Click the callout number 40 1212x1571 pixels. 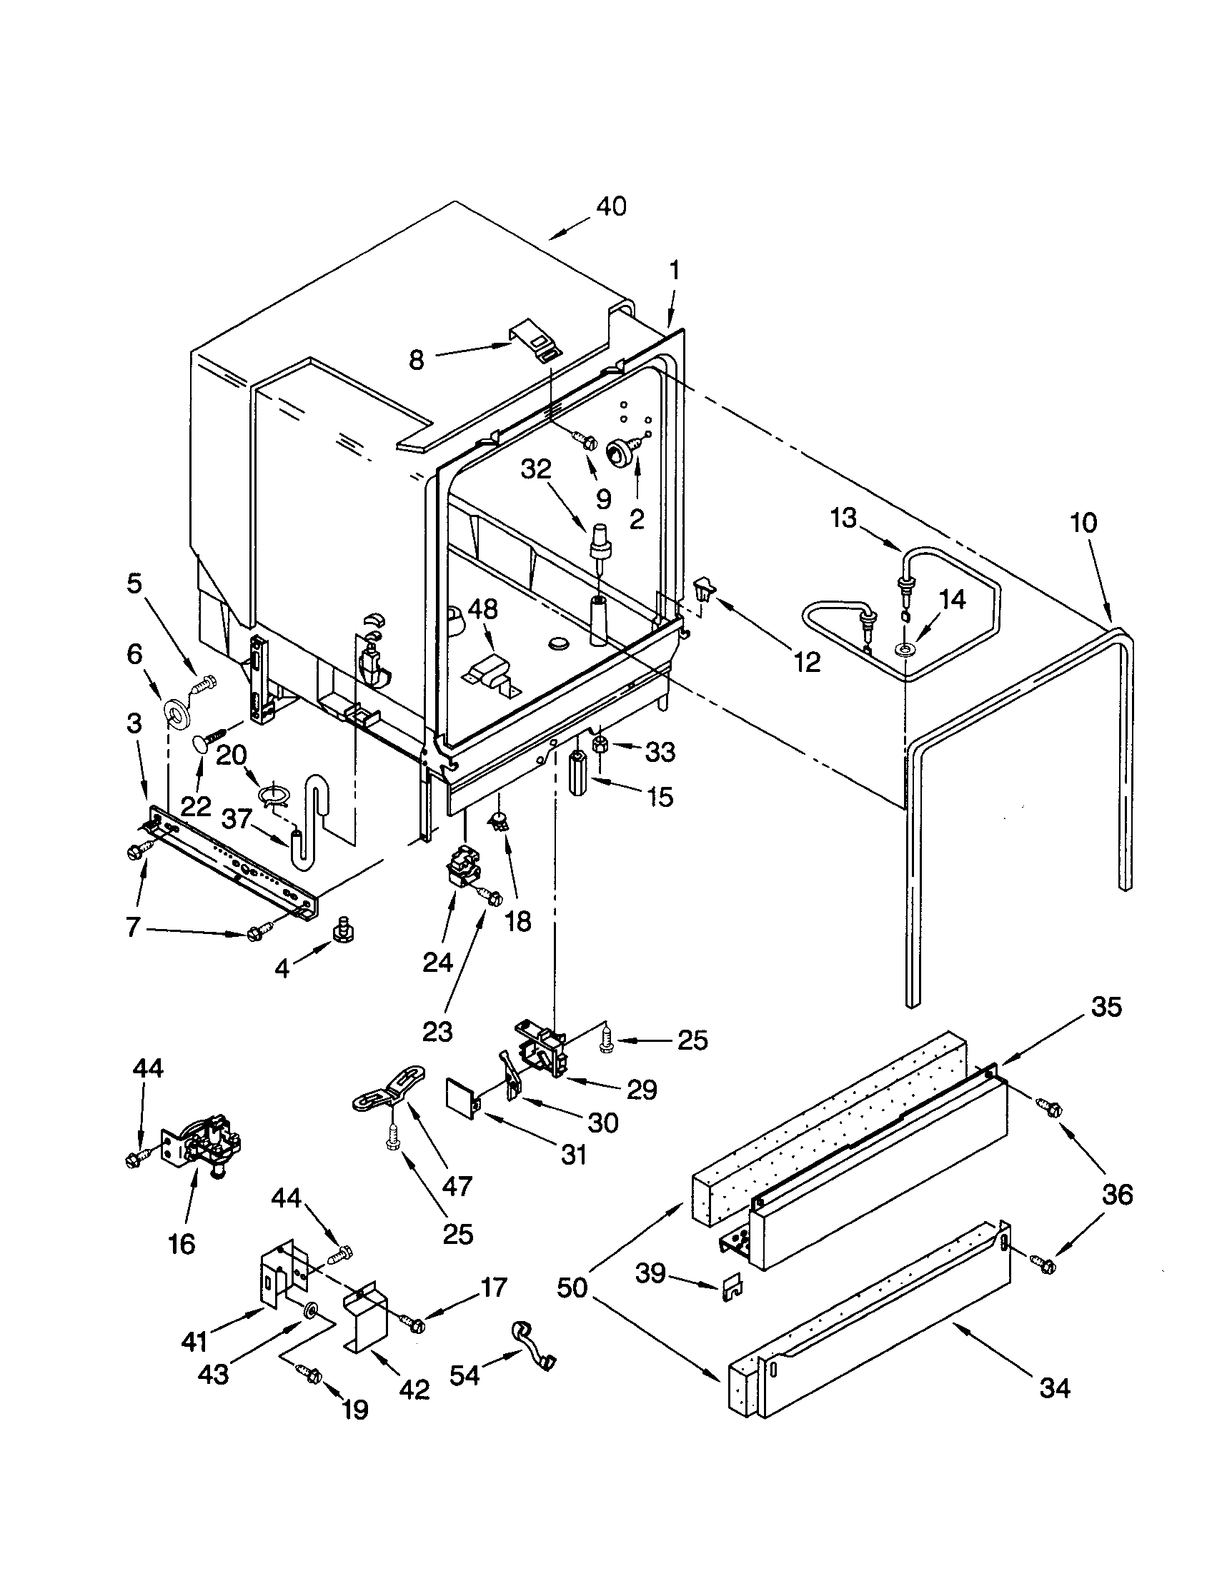coord(611,207)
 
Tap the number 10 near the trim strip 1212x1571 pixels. coord(1083,523)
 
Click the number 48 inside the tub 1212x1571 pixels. coord(482,609)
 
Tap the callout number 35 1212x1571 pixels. coord(1106,1008)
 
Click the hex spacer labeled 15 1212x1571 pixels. coord(579,771)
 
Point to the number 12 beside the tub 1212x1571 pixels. coord(808,663)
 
